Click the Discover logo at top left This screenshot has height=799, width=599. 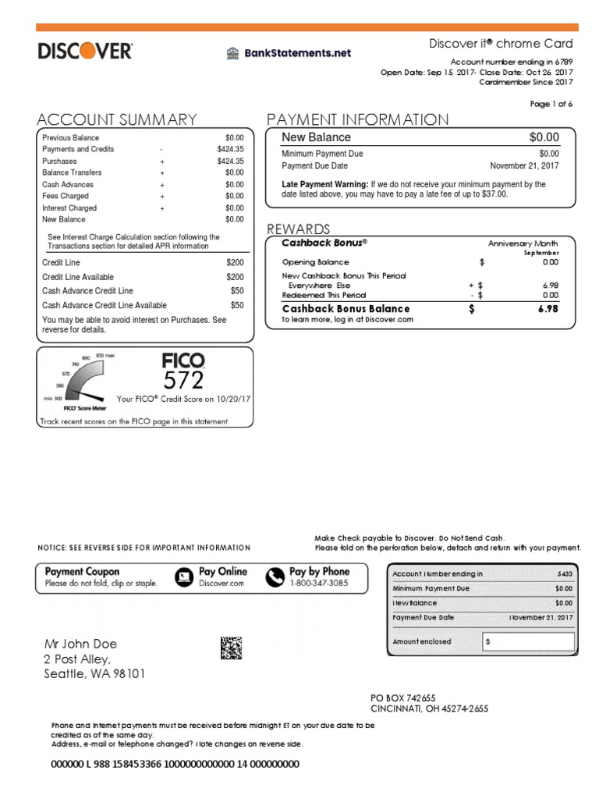point(85,51)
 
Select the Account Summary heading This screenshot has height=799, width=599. point(117,119)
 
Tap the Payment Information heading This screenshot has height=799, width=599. point(357,119)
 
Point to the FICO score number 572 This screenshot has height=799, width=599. point(183,380)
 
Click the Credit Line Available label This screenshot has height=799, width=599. point(77,277)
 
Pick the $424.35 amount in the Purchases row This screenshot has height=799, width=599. point(230,161)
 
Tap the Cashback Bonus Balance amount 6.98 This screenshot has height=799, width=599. point(548,309)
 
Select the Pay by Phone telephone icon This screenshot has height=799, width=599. point(275,577)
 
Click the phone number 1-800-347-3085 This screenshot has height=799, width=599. point(320,584)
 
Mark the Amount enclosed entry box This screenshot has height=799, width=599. point(528,641)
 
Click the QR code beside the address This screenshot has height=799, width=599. point(231,648)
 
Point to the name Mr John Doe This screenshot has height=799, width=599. point(80,644)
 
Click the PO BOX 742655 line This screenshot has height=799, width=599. point(402,698)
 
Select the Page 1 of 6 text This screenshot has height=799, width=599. point(551,104)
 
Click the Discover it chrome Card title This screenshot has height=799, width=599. point(501,44)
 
